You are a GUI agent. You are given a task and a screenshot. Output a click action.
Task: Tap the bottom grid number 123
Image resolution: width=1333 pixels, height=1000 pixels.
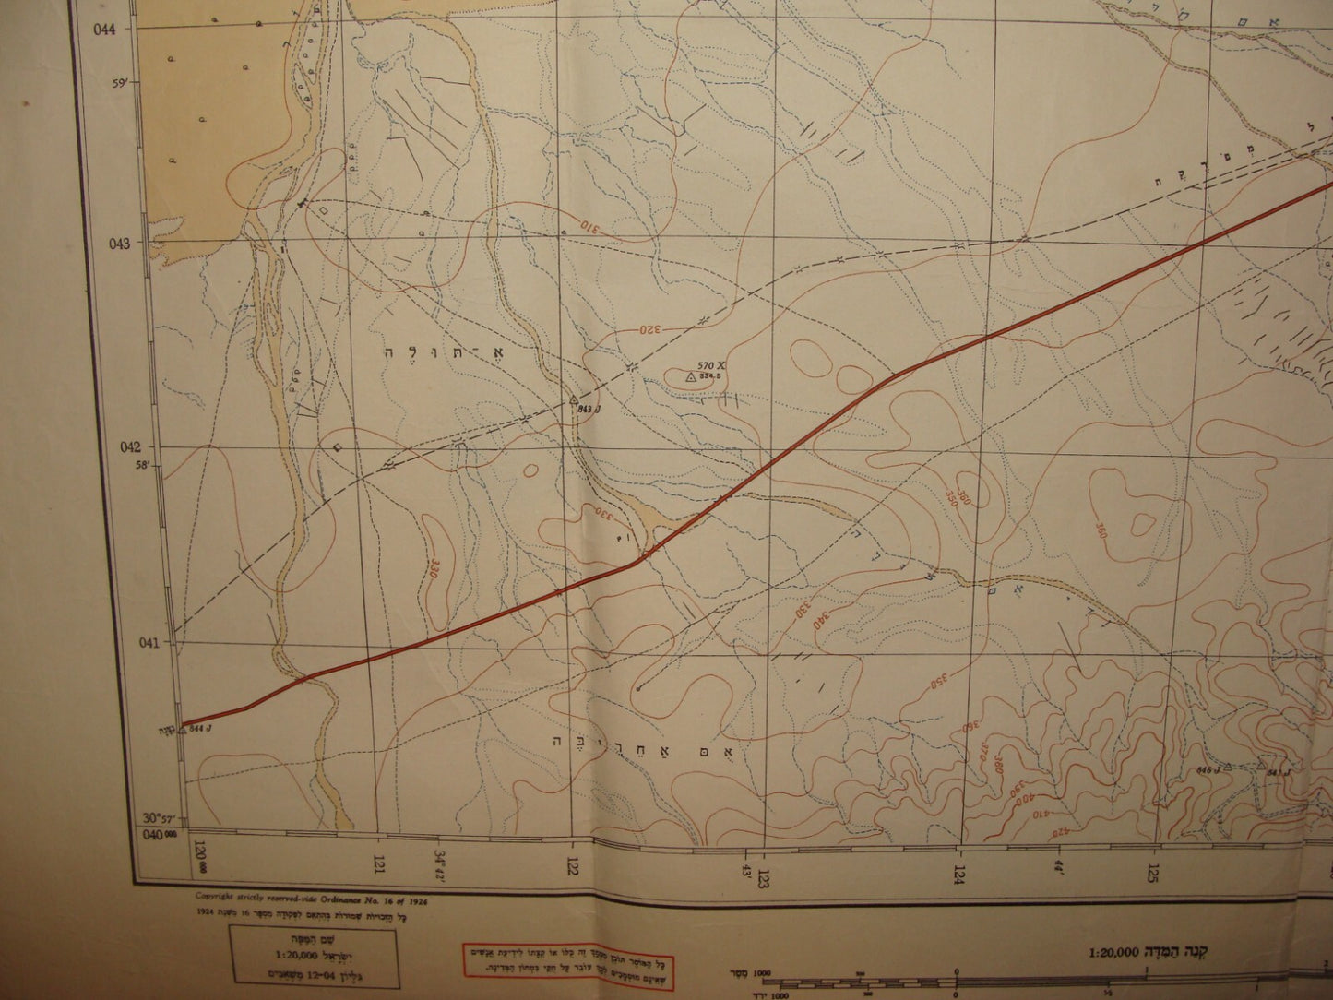[x=765, y=871]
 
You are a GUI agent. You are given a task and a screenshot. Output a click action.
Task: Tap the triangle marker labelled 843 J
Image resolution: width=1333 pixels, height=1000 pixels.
[x=573, y=399]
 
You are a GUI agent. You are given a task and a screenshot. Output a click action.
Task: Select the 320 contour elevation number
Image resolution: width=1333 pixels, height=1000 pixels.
[x=652, y=327]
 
